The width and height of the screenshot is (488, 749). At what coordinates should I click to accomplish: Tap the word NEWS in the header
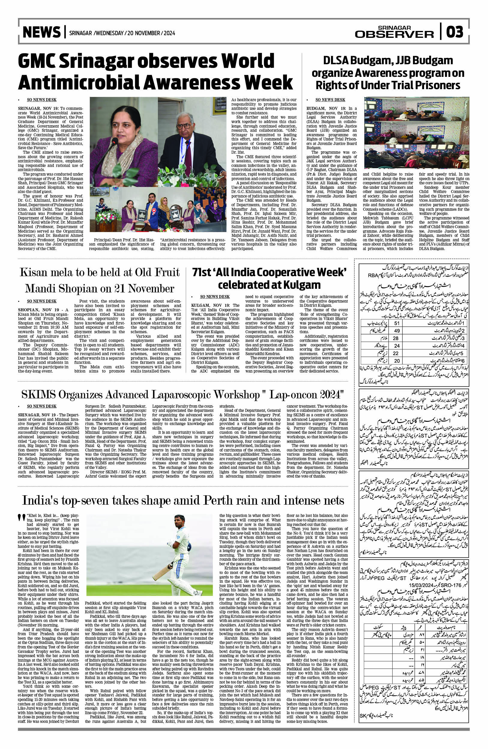[41, 32]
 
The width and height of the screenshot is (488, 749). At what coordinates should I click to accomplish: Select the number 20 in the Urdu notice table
[397, 361]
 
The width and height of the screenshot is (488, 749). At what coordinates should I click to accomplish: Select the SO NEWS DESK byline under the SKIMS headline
[41, 406]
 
